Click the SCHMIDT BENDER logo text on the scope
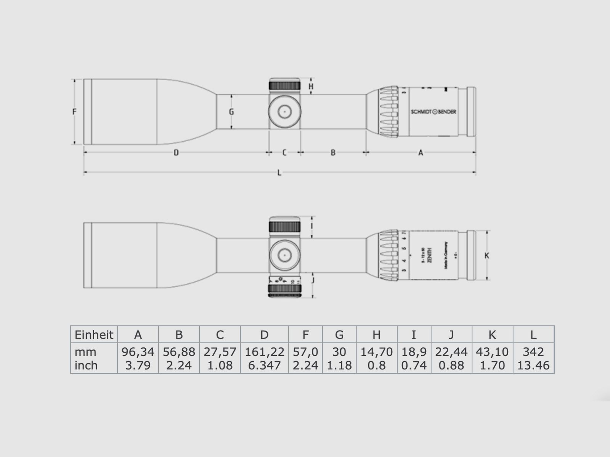(433, 112)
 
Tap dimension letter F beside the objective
(75, 112)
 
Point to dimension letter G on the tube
(231, 112)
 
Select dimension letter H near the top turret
(311, 86)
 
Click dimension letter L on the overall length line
(279, 173)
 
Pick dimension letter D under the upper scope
(176, 153)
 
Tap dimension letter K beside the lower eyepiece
(486, 256)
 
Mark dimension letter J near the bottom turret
(313, 281)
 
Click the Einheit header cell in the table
(94, 335)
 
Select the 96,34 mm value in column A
(138, 352)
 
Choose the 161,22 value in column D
(264, 352)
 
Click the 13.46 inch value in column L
(533, 366)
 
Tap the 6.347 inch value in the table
(264, 366)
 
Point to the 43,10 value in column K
(492, 352)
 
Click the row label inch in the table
(86, 366)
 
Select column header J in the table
(451, 335)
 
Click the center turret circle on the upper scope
(284, 112)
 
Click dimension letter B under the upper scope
(333, 153)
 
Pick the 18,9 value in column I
(414, 352)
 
